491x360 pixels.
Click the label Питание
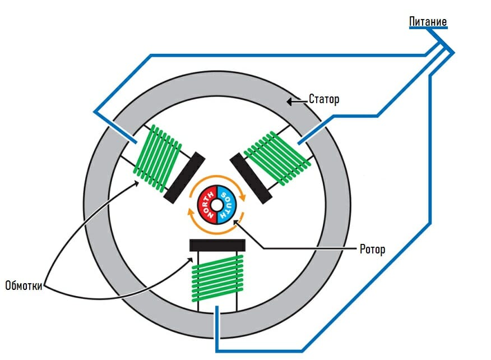pyautogui.click(x=428, y=22)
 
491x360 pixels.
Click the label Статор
pyautogui.click(x=324, y=100)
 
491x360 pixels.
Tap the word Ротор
pyautogui.click(x=372, y=249)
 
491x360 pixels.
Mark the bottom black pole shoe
pyautogui.click(x=217, y=245)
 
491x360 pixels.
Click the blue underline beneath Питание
pyautogui.click(x=428, y=28)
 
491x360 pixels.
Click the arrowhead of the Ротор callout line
pyautogui.click(x=236, y=223)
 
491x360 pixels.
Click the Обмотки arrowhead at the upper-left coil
pyautogui.click(x=138, y=183)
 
